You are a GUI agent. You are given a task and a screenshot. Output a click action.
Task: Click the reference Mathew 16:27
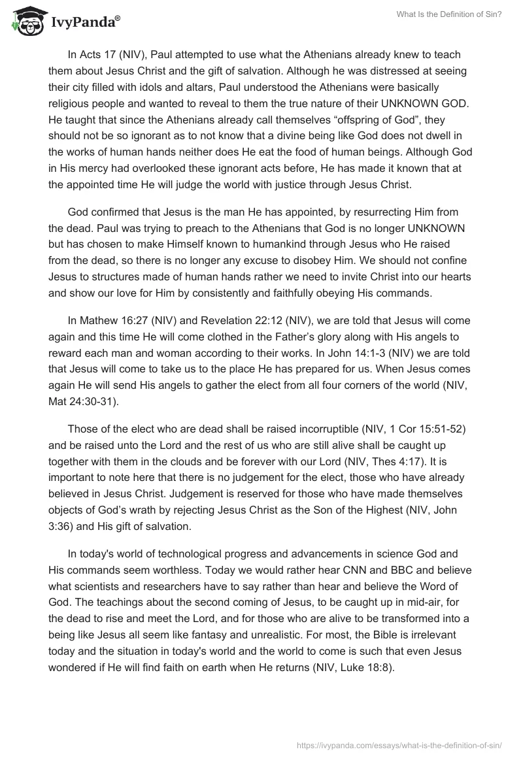click(x=114, y=321)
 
